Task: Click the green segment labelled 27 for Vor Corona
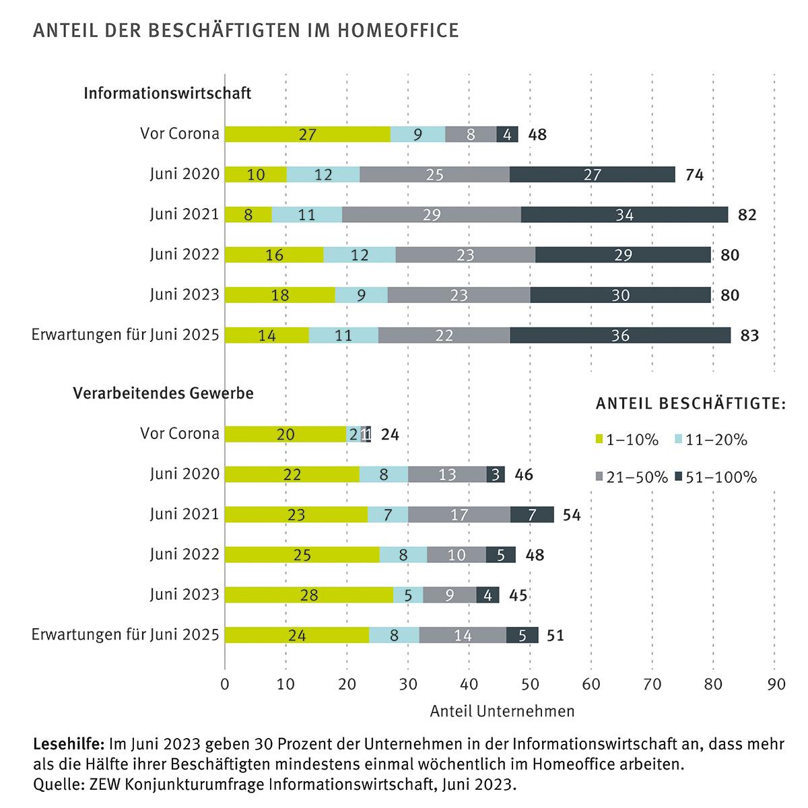307,134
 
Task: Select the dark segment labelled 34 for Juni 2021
624,215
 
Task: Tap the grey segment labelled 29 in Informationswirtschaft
432,215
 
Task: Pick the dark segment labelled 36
620,335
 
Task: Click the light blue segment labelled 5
408,595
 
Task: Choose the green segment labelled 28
309,595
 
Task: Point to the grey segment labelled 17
459,514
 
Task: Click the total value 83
749,335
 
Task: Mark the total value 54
572,515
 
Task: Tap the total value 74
694,174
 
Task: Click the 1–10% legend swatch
599,440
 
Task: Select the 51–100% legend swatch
679,477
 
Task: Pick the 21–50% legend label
637,477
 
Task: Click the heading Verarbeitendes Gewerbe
163,393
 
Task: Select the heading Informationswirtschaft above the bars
167,93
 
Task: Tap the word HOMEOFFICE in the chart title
398,30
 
